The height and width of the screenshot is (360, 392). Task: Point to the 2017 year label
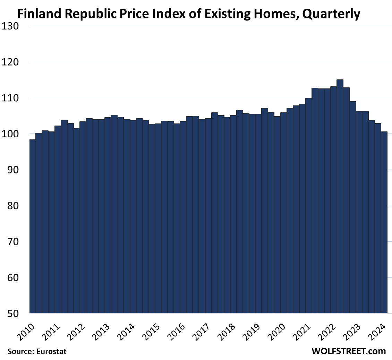pos(203,332)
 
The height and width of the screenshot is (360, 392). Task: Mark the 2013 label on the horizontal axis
pos(102,332)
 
